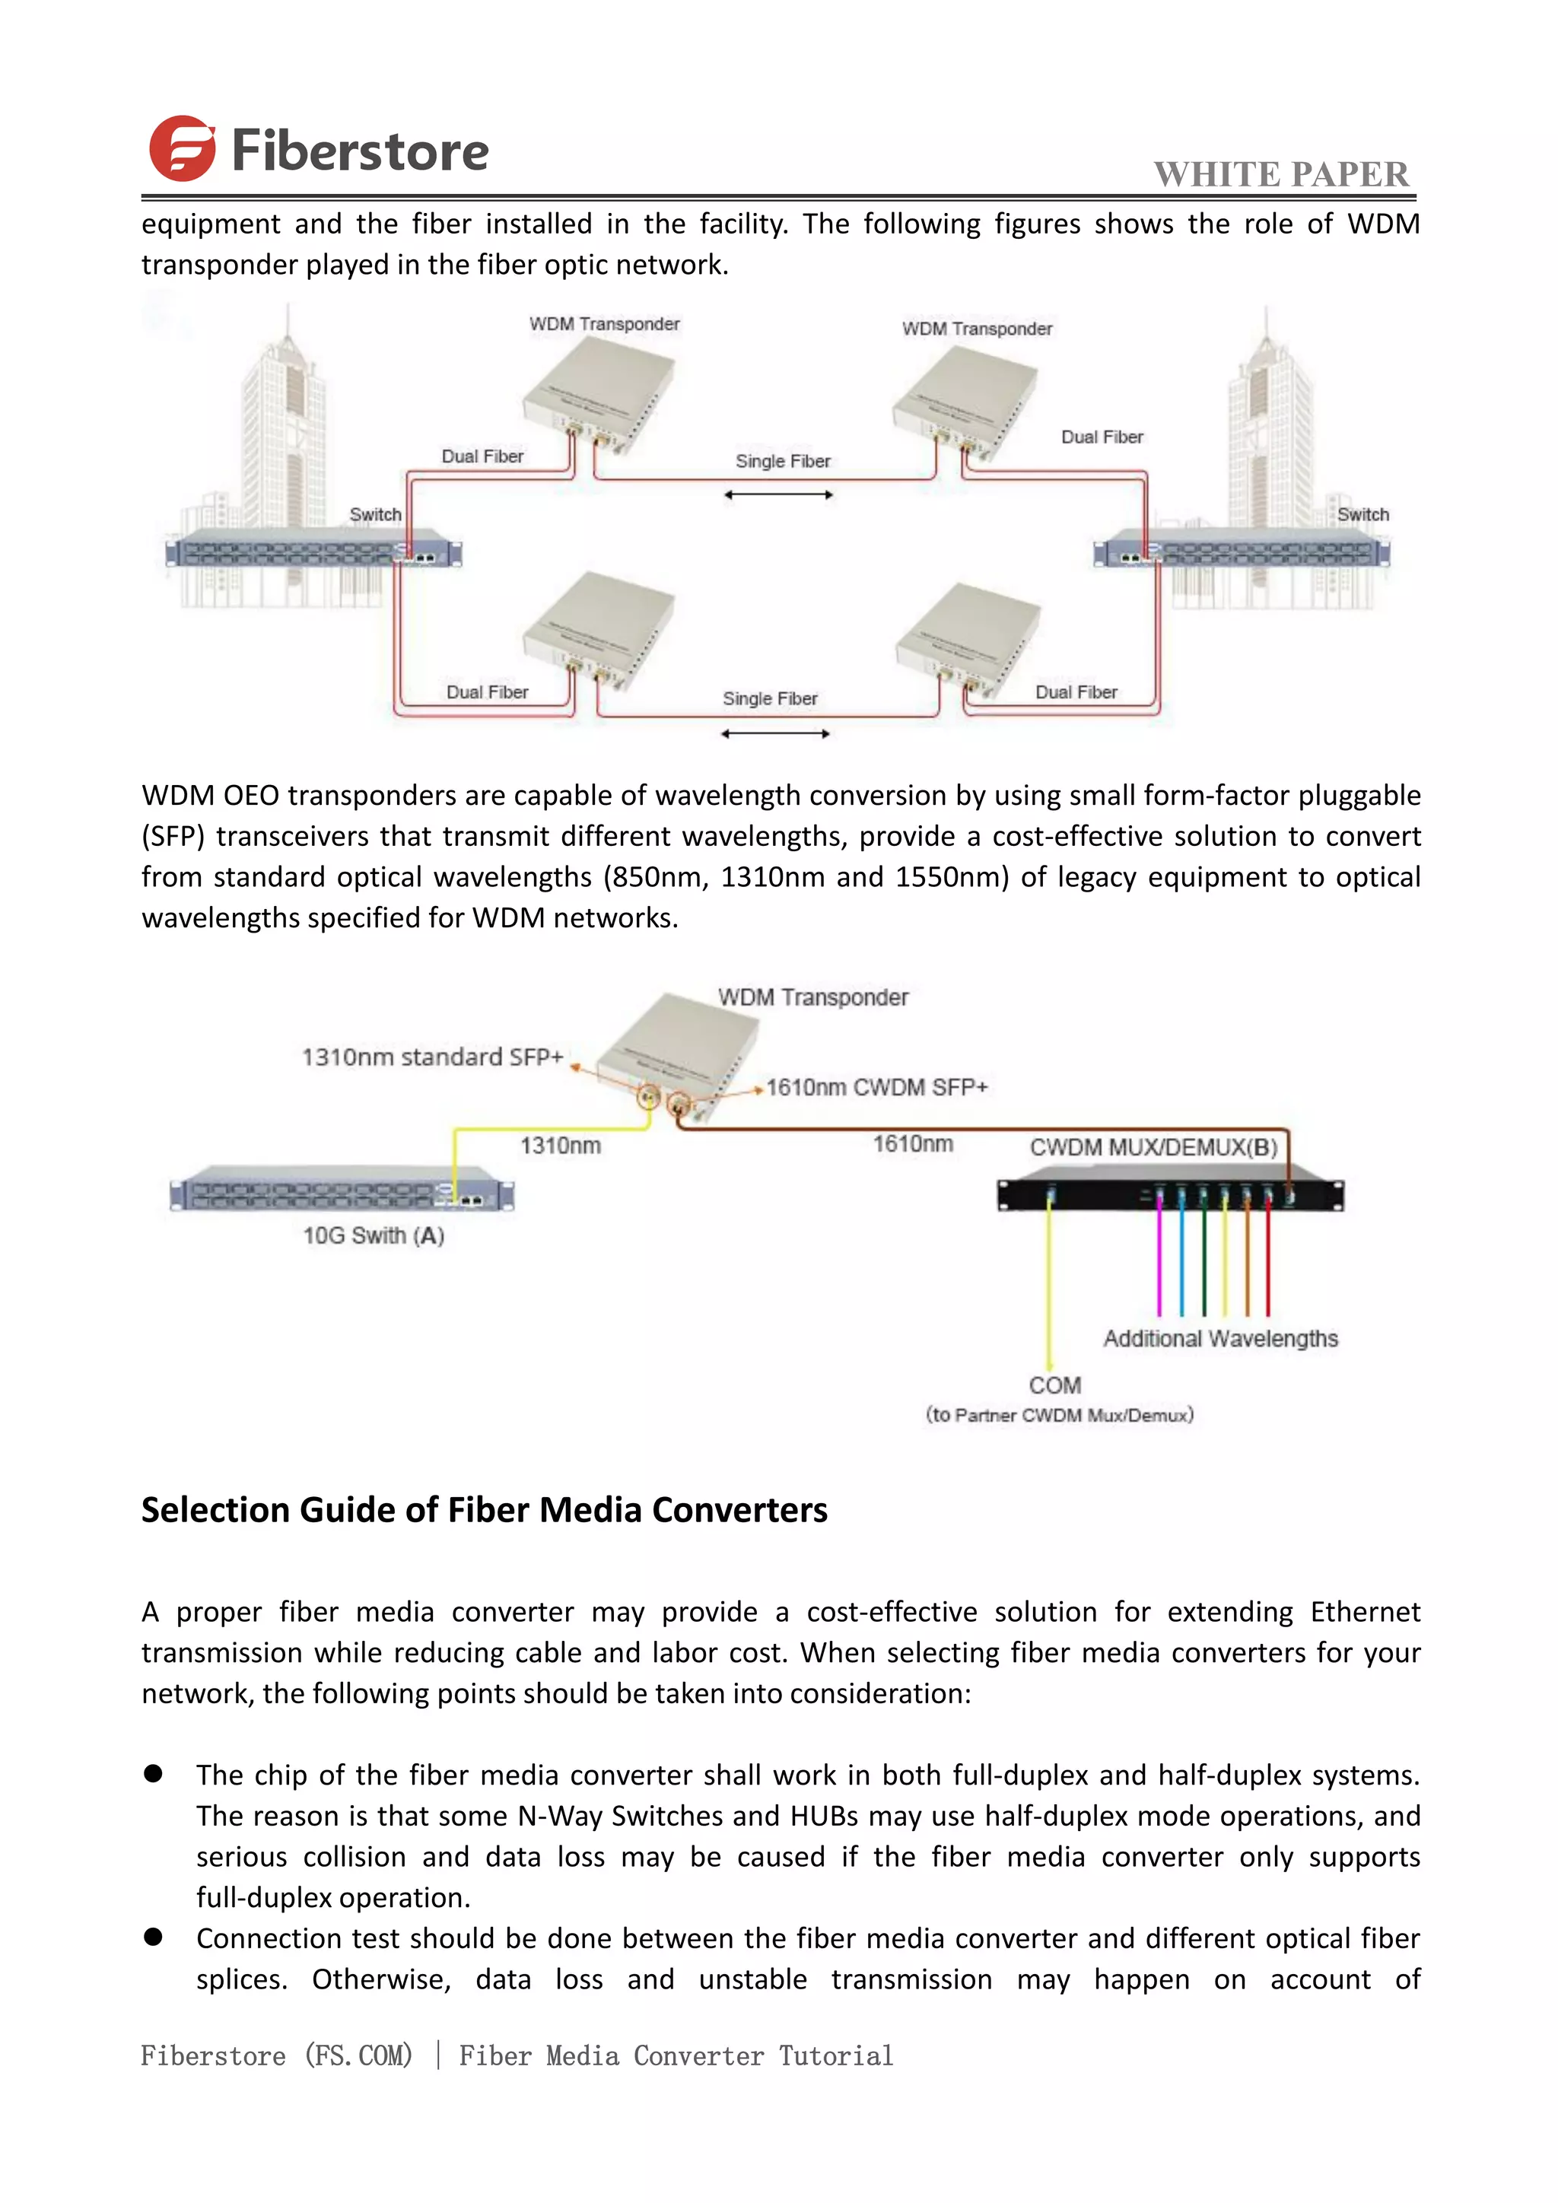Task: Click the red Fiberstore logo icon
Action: click(x=181, y=149)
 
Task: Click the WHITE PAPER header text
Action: click(x=1281, y=175)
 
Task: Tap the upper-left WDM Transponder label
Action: click(x=604, y=324)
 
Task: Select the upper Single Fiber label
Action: click(x=783, y=462)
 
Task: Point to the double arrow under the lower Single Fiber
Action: click(x=775, y=734)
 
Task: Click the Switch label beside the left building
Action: click(x=375, y=514)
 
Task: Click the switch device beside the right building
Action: click(x=1242, y=554)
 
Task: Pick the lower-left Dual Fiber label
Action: click(x=488, y=691)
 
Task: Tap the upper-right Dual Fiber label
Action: click(x=1102, y=437)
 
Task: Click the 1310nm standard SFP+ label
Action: click(x=431, y=1057)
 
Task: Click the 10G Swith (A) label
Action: click(x=374, y=1236)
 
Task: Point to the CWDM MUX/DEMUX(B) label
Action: click(x=1153, y=1148)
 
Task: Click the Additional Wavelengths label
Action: click(x=1220, y=1339)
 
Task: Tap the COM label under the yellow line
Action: click(x=1054, y=1385)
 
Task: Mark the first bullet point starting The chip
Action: click(x=154, y=1774)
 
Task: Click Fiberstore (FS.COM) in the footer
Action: click(x=276, y=2055)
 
